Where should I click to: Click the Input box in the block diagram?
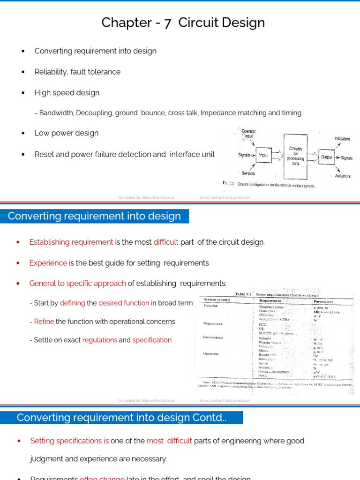point(263,155)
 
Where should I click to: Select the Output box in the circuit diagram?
point(326,157)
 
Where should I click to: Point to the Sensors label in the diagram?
point(246,173)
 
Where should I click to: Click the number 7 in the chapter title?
point(155,22)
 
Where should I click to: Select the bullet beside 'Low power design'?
point(22,133)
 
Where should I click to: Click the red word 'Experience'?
point(48,263)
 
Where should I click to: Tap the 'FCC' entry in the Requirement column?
point(262,324)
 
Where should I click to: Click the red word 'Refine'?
point(44,322)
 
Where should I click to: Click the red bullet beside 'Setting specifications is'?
point(18,441)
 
